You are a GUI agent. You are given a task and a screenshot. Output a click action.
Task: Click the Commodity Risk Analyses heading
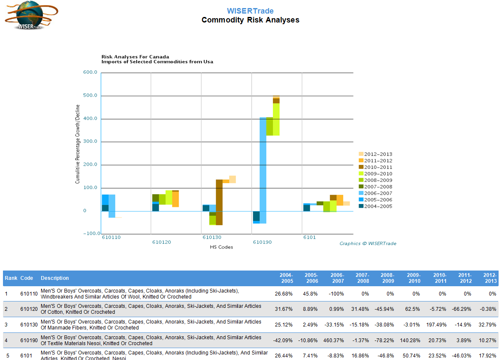point(250,20)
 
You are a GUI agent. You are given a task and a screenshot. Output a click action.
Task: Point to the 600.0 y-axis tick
point(90,73)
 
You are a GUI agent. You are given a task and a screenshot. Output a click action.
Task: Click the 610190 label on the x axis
point(262,242)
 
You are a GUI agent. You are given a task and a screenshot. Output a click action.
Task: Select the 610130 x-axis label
point(212,237)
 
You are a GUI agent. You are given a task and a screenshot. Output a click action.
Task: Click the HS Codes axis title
point(222,247)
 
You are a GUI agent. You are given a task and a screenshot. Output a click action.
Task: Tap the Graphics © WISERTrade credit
point(368,243)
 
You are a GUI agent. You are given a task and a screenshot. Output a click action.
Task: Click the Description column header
point(55,278)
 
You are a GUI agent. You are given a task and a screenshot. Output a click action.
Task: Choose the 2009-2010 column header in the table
point(414,278)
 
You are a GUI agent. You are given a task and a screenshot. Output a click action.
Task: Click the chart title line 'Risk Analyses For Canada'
point(135,56)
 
